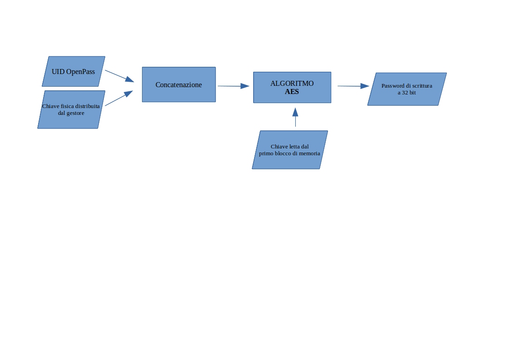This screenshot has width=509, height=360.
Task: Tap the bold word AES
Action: tap(292, 92)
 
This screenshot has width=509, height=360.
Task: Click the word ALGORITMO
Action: tap(292, 84)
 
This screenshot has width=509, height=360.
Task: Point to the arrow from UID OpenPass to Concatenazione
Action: tap(119, 76)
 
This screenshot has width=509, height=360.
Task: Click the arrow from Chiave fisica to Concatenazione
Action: tap(118, 99)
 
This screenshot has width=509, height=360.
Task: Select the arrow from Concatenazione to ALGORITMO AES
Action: tap(233, 86)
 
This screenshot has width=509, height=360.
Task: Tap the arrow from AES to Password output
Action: tap(353, 86)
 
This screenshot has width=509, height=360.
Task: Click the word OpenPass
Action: tap(81, 72)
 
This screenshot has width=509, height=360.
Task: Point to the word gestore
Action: tap(75, 113)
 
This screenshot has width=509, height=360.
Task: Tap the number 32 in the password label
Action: tap(405, 93)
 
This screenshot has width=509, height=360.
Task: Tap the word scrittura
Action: tap(422, 86)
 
